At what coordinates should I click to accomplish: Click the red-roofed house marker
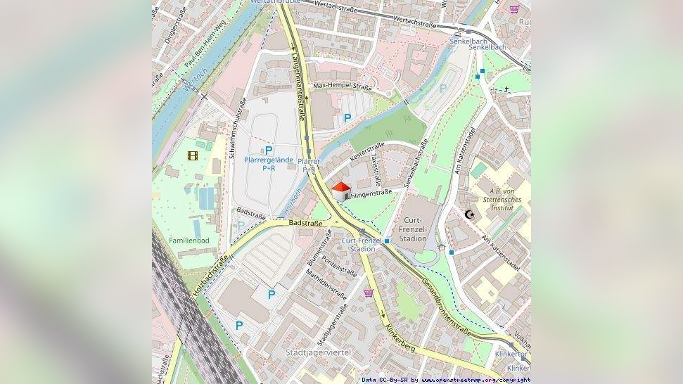coord(340,191)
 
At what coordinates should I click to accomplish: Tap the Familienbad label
coord(189,241)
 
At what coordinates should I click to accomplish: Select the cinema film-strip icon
coord(192,155)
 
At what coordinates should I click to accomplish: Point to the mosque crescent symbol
coord(470,214)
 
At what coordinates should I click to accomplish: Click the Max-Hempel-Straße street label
coord(342,87)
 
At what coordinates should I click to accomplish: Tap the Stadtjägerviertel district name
coord(318,352)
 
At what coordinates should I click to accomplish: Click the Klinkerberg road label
coord(400,338)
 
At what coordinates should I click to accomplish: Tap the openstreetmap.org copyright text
coord(446,380)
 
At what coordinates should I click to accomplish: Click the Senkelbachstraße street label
coord(416,164)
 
